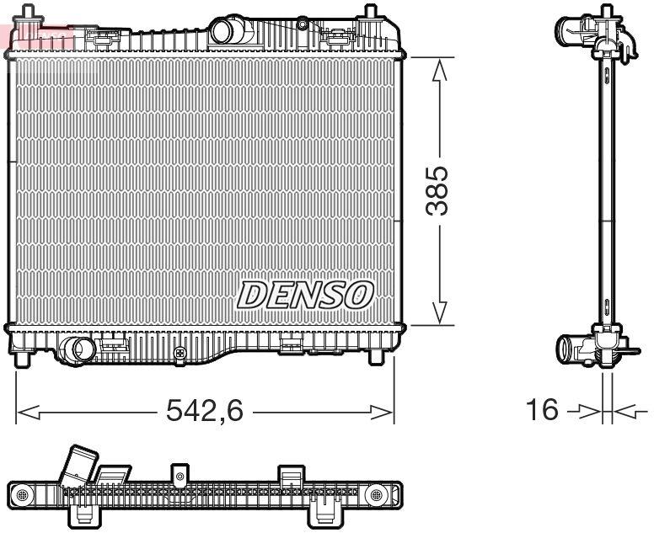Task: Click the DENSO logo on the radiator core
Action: tap(305, 295)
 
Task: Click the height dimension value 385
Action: tap(437, 190)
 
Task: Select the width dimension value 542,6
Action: tap(205, 411)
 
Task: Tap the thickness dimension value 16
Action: tap(542, 410)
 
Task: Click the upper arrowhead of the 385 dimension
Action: tap(438, 69)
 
